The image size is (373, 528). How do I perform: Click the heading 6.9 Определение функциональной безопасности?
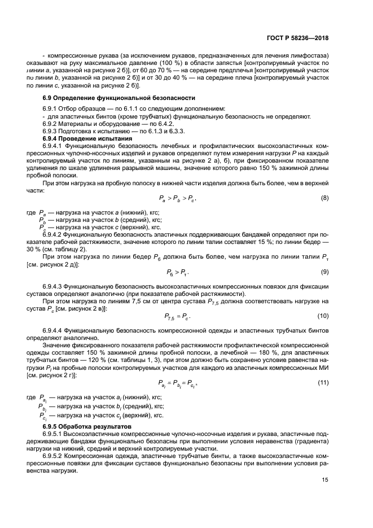[119, 98]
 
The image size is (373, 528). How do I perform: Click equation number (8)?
[325, 198]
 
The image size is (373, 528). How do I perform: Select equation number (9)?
[325, 272]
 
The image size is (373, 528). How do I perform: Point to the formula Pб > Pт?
[177, 273]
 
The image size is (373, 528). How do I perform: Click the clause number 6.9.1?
[51, 108]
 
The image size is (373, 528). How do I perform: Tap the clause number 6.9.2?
[51, 124]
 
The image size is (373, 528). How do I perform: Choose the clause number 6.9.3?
[51, 131]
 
